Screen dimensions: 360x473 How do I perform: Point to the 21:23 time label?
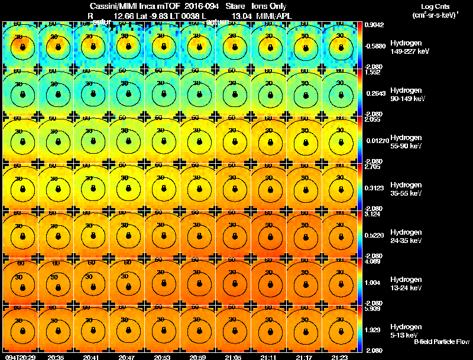(x=339, y=357)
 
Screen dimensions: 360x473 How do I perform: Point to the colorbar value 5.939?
(x=374, y=309)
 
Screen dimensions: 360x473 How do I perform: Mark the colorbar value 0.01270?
(x=375, y=140)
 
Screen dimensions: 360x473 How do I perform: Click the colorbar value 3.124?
(x=374, y=214)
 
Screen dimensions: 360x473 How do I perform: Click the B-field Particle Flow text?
(x=441, y=342)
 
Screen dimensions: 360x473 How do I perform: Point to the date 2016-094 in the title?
(x=202, y=6)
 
